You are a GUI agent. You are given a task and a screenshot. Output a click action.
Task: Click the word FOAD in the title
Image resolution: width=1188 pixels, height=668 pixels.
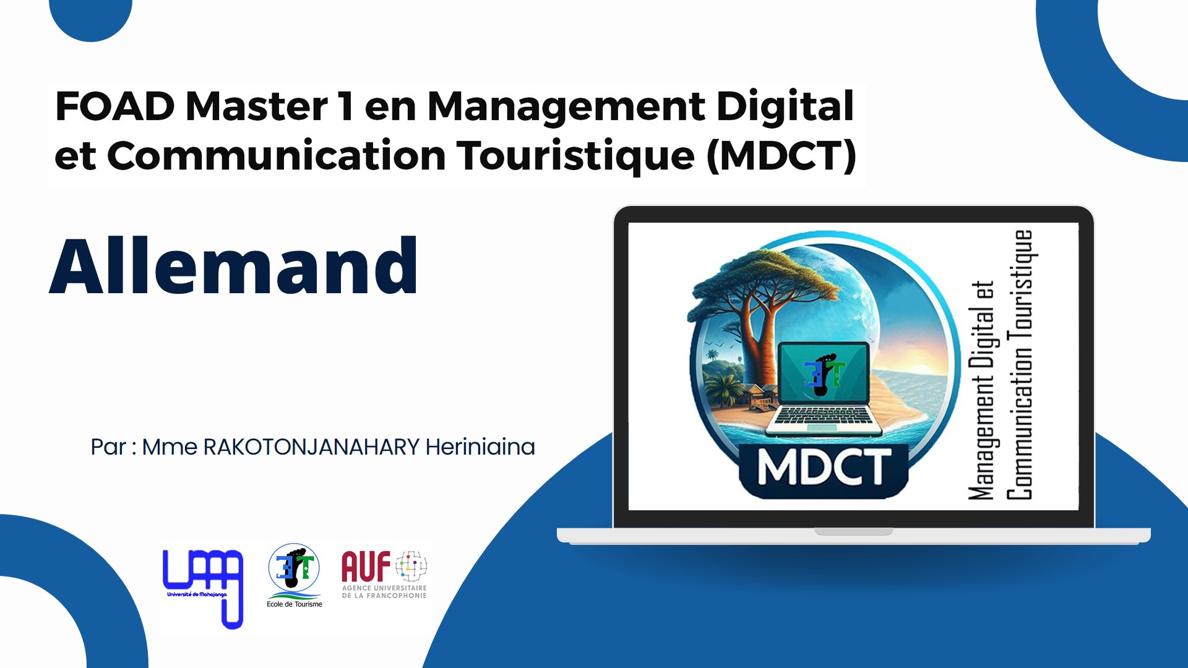click(x=115, y=106)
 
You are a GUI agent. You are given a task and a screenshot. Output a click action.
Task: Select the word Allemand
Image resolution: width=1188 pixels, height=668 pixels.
click(x=234, y=266)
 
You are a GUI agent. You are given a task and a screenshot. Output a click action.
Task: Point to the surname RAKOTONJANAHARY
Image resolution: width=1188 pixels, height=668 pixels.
click(x=311, y=447)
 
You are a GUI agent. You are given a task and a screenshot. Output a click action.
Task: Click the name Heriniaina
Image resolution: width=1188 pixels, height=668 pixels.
click(x=480, y=447)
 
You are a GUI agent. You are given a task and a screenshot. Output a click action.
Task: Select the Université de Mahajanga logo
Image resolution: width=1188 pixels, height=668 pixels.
click(x=203, y=588)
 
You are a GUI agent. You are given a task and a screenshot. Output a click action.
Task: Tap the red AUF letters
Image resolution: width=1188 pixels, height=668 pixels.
click(x=366, y=567)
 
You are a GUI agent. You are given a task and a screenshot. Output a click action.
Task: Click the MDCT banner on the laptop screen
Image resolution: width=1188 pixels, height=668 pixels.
click(x=824, y=468)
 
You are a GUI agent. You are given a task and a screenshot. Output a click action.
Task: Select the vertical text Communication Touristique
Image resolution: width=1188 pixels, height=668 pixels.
click(x=1019, y=365)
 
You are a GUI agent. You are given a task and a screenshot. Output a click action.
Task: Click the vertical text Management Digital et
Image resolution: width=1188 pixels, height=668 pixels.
click(x=981, y=390)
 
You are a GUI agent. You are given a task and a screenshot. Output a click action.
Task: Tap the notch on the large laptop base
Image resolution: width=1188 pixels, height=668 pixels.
click(x=854, y=531)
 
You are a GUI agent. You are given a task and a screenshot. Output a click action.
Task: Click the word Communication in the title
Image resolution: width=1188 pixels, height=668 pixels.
click(x=277, y=155)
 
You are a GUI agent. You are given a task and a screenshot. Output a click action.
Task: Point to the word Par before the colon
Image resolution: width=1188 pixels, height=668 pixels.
click(x=108, y=447)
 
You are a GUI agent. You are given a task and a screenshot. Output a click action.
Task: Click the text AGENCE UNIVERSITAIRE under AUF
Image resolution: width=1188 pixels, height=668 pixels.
click(x=384, y=588)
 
